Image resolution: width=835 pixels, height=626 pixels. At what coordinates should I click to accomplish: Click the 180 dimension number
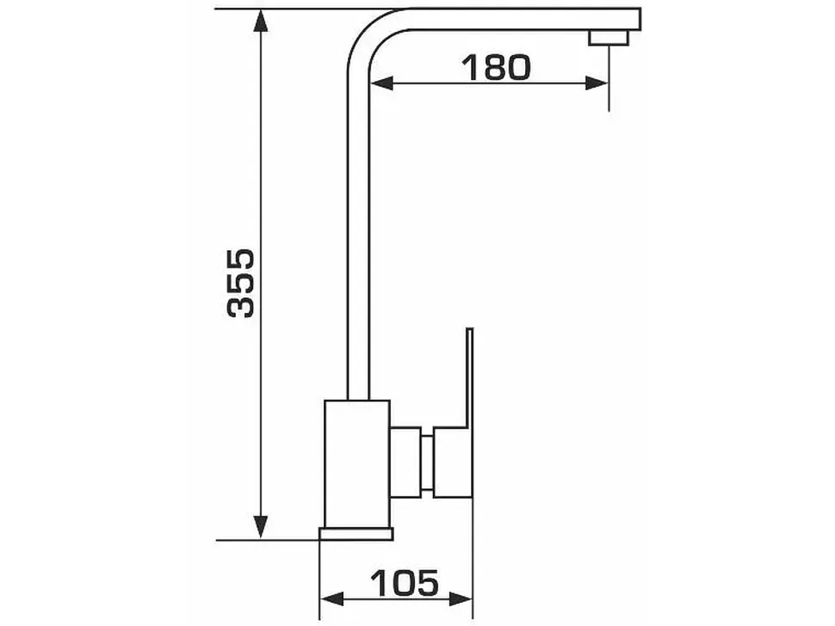(x=496, y=68)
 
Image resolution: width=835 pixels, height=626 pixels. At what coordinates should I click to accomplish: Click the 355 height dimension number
(x=240, y=283)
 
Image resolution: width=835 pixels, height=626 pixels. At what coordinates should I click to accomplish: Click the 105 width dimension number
(x=405, y=583)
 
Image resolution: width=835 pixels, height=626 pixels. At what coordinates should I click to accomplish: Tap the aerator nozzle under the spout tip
(x=608, y=38)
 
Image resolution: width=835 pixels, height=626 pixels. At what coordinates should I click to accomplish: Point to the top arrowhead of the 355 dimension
(x=261, y=21)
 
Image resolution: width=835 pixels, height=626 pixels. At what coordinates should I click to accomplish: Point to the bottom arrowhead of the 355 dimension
(x=261, y=526)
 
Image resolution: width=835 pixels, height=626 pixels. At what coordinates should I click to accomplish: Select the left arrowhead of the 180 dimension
(x=381, y=83)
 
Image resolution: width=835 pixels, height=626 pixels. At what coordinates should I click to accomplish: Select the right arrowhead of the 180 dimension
(x=597, y=83)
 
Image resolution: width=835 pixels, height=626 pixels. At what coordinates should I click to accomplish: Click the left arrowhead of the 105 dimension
(x=331, y=599)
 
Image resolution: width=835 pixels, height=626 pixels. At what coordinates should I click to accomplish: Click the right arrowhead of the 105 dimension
(x=461, y=599)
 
